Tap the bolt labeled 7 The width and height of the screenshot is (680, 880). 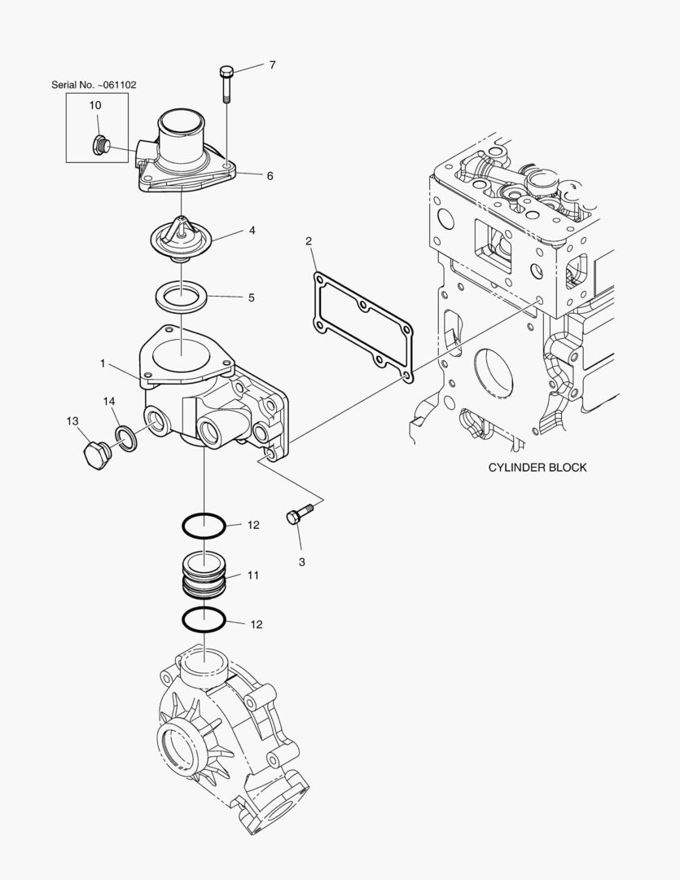(x=226, y=82)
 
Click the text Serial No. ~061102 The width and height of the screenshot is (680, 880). (x=94, y=84)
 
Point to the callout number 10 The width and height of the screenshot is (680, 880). (x=95, y=105)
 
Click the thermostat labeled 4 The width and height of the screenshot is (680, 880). (x=181, y=237)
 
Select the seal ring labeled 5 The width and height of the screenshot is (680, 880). (x=181, y=295)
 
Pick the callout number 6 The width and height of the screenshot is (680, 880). (x=270, y=175)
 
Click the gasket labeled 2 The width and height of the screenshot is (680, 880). (x=362, y=328)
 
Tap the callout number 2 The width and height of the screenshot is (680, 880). (x=309, y=240)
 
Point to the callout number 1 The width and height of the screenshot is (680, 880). (x=103, y=363)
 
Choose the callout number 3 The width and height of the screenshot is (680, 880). (x=301, y=562)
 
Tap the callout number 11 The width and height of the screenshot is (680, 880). (x=253, y=575)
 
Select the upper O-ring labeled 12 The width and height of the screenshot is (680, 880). (x=202, y=526)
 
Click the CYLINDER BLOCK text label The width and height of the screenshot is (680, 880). (x=537, y=468)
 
